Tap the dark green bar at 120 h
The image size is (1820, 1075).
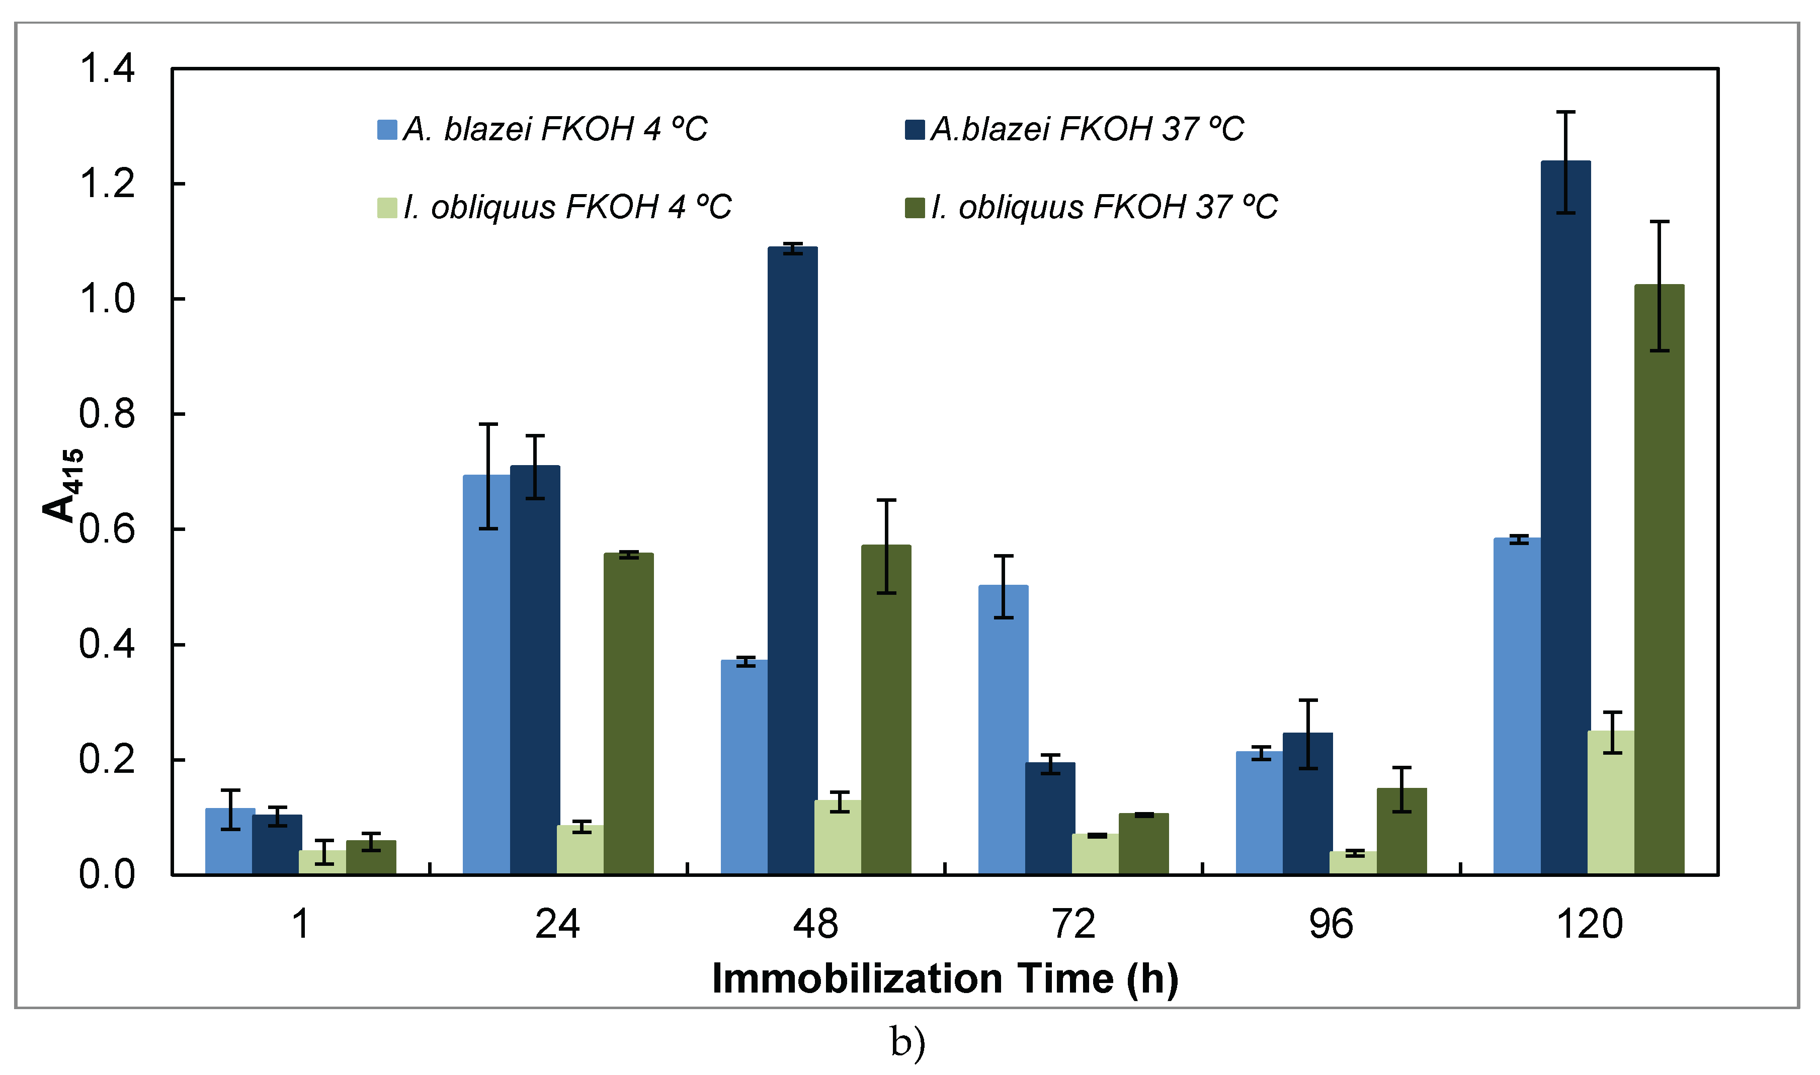tap(1659, 580)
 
